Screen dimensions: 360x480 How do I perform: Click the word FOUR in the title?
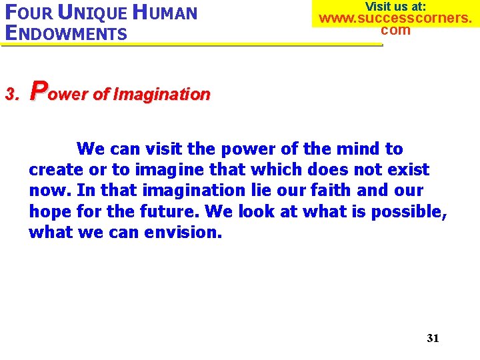coord(26,13)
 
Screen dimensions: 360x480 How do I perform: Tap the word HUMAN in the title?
coord(167,13)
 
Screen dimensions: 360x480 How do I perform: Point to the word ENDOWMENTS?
coord(65,33)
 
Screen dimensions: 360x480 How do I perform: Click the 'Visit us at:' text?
coord(395,6)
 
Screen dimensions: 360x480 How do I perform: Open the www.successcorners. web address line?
coord(395,18)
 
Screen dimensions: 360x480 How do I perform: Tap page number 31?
coord(433,338)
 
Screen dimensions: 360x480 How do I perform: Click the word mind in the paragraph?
coord(363,149)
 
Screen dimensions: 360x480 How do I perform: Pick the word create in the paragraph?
coord(56,170)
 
